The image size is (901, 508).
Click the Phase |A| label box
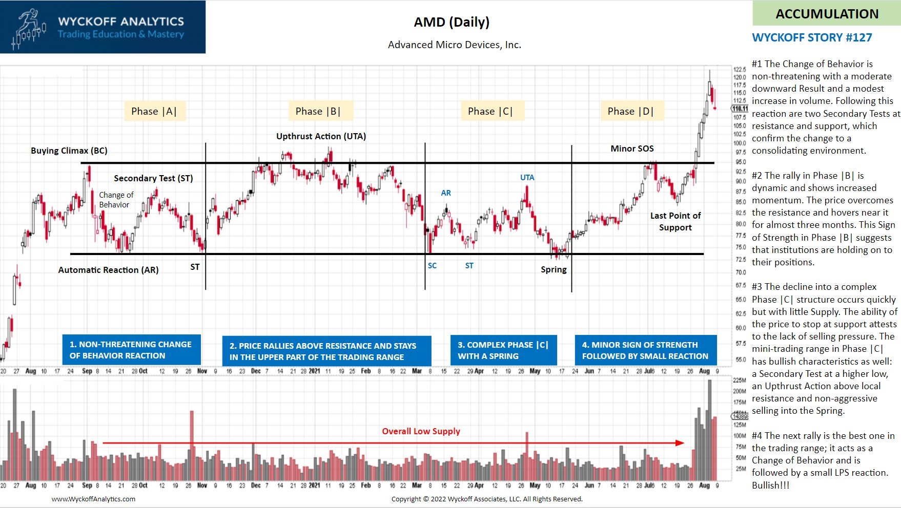[x=154, y=111]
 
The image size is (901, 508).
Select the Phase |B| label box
[x=318, y=111]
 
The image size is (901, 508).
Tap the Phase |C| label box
[x=490, y=111]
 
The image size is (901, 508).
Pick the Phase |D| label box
[x=631, y=111]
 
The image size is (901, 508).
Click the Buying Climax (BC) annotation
[x=69, y=151]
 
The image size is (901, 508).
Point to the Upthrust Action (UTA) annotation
[x=321, y=136]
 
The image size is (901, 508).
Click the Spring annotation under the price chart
[x=554, y=269]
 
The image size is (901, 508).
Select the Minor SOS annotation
[x=632, y=149]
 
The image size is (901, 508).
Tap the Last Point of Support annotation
[x=675, y=221]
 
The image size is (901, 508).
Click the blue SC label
[x=433, y=266]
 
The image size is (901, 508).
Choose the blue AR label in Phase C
[x=446, y=193]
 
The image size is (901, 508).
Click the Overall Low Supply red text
[x=421, y=431]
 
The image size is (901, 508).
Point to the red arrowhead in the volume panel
[x=680, y=443]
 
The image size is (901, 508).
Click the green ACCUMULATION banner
[x=827, y=14]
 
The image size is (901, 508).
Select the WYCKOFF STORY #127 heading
[x=812, y=37]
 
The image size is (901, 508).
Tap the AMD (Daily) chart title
[x=452, y=22]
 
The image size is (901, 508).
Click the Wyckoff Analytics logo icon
[x=29, y=28]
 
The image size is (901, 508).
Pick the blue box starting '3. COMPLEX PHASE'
[x=503, y=350]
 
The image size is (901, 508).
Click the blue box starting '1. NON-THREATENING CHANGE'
[x=131, y=350]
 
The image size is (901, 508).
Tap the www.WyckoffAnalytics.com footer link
[x=93, y=499]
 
